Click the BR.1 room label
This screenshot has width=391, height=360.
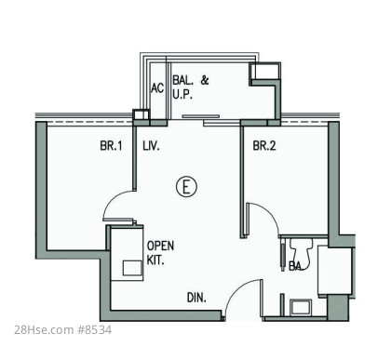(x=111, y=146)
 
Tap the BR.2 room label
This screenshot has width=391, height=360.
(x=264, y=146)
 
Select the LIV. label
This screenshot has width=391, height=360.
(x=151, y=146)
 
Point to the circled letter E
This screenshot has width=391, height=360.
(x=186, y=187)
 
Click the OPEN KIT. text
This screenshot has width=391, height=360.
(x=160, y=253)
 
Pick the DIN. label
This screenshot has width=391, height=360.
(x=196, y=298)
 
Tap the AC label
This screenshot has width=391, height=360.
(x=157, y=88)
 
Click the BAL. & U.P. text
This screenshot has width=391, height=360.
(x=191, y=87)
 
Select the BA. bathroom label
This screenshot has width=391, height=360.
(x=296, y=266)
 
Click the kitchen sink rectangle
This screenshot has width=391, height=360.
(x=133, y=268)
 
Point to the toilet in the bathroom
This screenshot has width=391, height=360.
(x=301, y=251)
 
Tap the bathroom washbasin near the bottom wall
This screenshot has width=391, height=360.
(x=301, y=307)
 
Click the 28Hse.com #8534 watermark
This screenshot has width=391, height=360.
(x=63, y=330)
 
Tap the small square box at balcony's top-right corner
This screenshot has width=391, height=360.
(x=265, y=71)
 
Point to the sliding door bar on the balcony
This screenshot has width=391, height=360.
(x=201, y=116)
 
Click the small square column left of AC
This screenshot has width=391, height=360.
(x=141, y=114)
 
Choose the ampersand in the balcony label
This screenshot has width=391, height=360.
(x=205, y=80)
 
